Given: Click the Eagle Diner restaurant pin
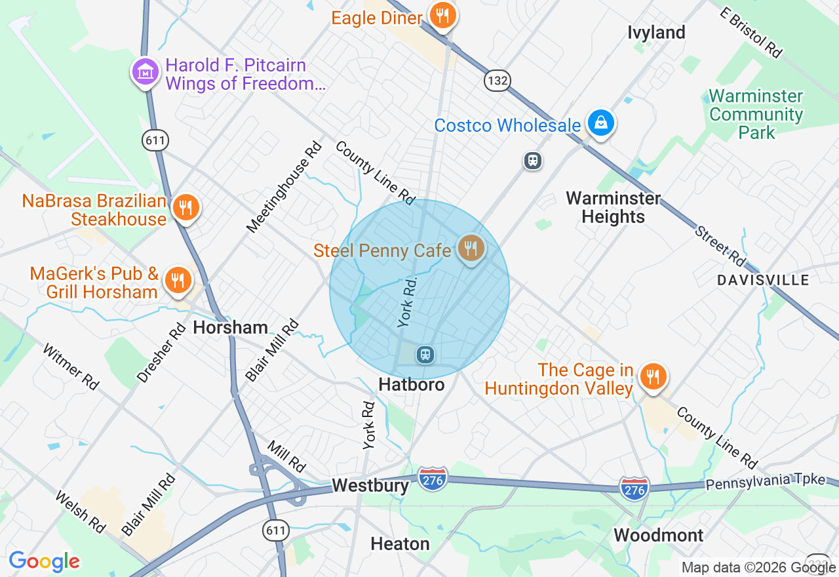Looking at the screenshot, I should point(443,15).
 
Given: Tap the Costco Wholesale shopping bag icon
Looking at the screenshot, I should point(600,122).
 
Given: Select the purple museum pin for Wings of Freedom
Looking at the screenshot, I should point(146,72).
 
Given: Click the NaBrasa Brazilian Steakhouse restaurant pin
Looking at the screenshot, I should point(187,207).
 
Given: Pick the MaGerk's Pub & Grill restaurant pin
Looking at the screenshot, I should point(177,281).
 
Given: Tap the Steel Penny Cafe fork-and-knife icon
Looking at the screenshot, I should point(471,249).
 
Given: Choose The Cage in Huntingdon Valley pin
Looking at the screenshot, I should point(653,378).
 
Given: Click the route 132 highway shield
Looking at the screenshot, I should point(498,81).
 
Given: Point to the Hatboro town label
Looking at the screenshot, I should point(412,384).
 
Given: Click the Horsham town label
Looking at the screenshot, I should point(230,328).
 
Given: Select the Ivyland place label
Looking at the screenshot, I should point(656,32).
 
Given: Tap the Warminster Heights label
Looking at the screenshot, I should point(614,207).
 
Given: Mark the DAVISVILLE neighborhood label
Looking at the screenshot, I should point(763,280).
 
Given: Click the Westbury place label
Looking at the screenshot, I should point(370,486).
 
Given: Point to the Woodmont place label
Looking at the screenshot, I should point(658,535).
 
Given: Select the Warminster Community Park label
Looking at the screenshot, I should point(756,114).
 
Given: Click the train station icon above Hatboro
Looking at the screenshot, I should point(425,355).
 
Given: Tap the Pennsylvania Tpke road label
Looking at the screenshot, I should point(765,482).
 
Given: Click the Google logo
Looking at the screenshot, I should point(44,561).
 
